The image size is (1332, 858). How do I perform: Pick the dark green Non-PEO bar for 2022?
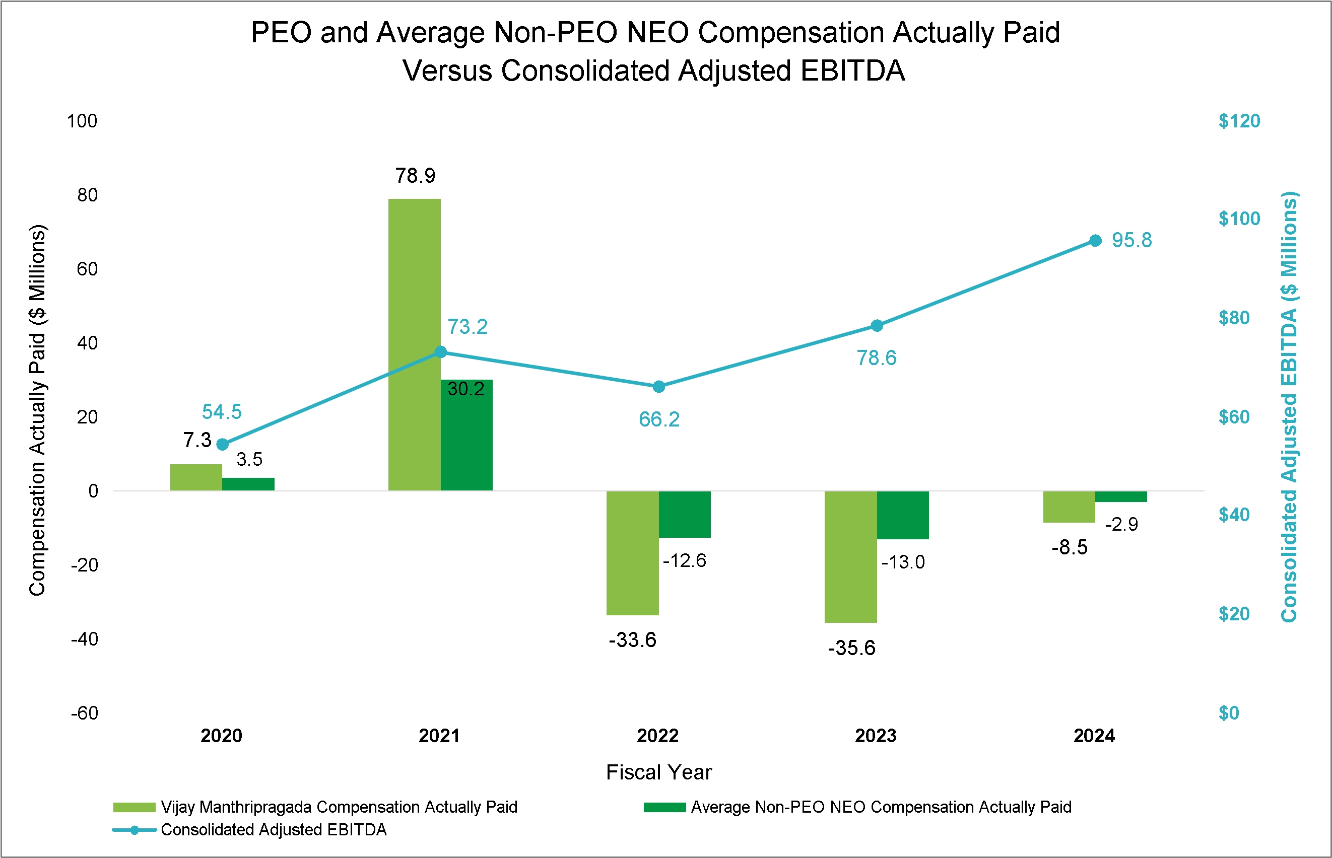click(685, 514)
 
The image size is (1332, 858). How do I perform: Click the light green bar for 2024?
click(1069, 507)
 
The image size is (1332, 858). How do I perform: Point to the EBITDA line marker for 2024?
click(1095, 241)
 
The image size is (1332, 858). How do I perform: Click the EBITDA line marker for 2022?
click(659, 387)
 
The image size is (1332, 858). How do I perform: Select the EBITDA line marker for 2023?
click(877, 325)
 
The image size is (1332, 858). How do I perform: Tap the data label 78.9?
click(415, 176)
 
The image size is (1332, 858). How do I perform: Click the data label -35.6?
click(851, 648)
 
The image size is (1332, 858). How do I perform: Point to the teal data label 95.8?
click(1131, 240)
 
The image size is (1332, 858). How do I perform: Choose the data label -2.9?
click(1121, 524)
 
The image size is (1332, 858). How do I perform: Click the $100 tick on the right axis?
click(1239, 219)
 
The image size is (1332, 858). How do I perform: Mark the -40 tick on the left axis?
click(85, 639)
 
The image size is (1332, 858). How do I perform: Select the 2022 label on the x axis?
click(657, 736)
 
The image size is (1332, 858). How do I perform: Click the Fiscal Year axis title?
click(659, 772)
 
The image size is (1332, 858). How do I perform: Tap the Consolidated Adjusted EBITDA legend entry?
click(273, 830)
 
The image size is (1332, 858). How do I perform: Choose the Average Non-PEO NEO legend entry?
click(881, 807)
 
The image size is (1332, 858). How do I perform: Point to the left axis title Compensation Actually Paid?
click(37, 410)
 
